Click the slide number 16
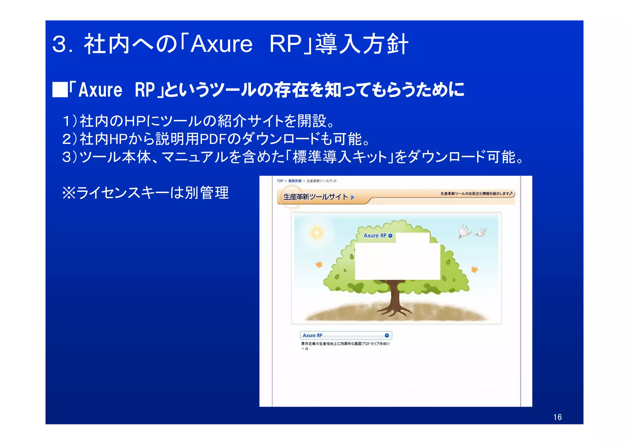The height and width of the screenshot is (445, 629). [557, 417]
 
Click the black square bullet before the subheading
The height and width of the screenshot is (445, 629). [60, 90]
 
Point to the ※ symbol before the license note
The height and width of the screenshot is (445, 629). [69, 193]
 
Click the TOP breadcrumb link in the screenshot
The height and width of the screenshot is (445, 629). [280, 181]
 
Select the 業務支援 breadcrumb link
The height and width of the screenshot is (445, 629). [295, 181]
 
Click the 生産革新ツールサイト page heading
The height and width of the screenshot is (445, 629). [315, 197]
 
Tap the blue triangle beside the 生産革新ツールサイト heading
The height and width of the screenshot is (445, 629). [353, 197]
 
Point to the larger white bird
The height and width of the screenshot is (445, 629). [464, 231]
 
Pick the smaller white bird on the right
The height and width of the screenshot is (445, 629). [481, 232]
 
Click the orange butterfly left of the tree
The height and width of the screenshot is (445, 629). [319, 264]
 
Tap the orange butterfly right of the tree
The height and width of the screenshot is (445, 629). [475, 270]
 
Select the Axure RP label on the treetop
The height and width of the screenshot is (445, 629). [375, 236]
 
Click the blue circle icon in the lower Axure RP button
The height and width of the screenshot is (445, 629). [387, 335]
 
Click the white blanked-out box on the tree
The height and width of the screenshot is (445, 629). [397, 261]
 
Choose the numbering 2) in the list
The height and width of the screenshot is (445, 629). [69, 139]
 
